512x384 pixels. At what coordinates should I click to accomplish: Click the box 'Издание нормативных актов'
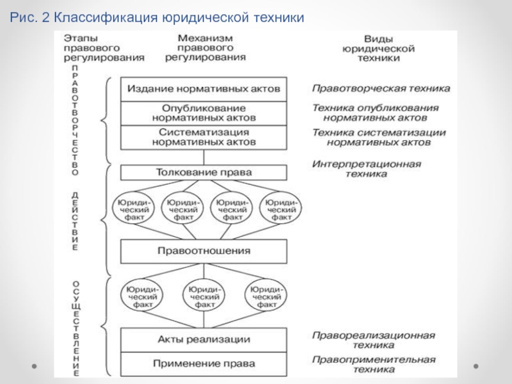click(204, 89)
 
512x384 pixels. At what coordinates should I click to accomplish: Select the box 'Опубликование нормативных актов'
click(204, 113)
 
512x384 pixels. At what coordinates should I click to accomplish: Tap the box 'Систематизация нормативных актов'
click(204, 138)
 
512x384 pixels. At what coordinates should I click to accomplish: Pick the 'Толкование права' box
click(204, 172)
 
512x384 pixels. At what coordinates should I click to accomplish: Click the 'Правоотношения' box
click(204, 251)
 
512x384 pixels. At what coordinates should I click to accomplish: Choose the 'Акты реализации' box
click(204, 340)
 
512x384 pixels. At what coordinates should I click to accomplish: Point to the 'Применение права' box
click(204, 364)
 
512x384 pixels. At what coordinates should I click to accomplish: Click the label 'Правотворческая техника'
click(381, 88)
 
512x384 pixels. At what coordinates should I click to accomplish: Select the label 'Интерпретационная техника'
click(366, 168)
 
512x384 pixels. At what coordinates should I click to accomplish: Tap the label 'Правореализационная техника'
click(374, 340)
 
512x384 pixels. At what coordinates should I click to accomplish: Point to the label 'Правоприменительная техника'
click(374, 364)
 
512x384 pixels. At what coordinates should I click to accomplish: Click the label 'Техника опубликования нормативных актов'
click(375, 113)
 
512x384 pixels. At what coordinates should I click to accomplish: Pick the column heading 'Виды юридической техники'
click(378, 49)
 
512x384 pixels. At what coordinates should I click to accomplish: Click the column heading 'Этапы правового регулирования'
click(104, 48)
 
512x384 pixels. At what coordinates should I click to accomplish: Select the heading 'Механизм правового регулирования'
click(205, 47)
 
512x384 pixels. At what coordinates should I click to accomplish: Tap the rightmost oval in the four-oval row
click(281, 207)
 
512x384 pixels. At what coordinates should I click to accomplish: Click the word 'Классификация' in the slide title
click(106, 17)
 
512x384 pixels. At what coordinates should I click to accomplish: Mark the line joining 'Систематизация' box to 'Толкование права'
click(204, 157)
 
